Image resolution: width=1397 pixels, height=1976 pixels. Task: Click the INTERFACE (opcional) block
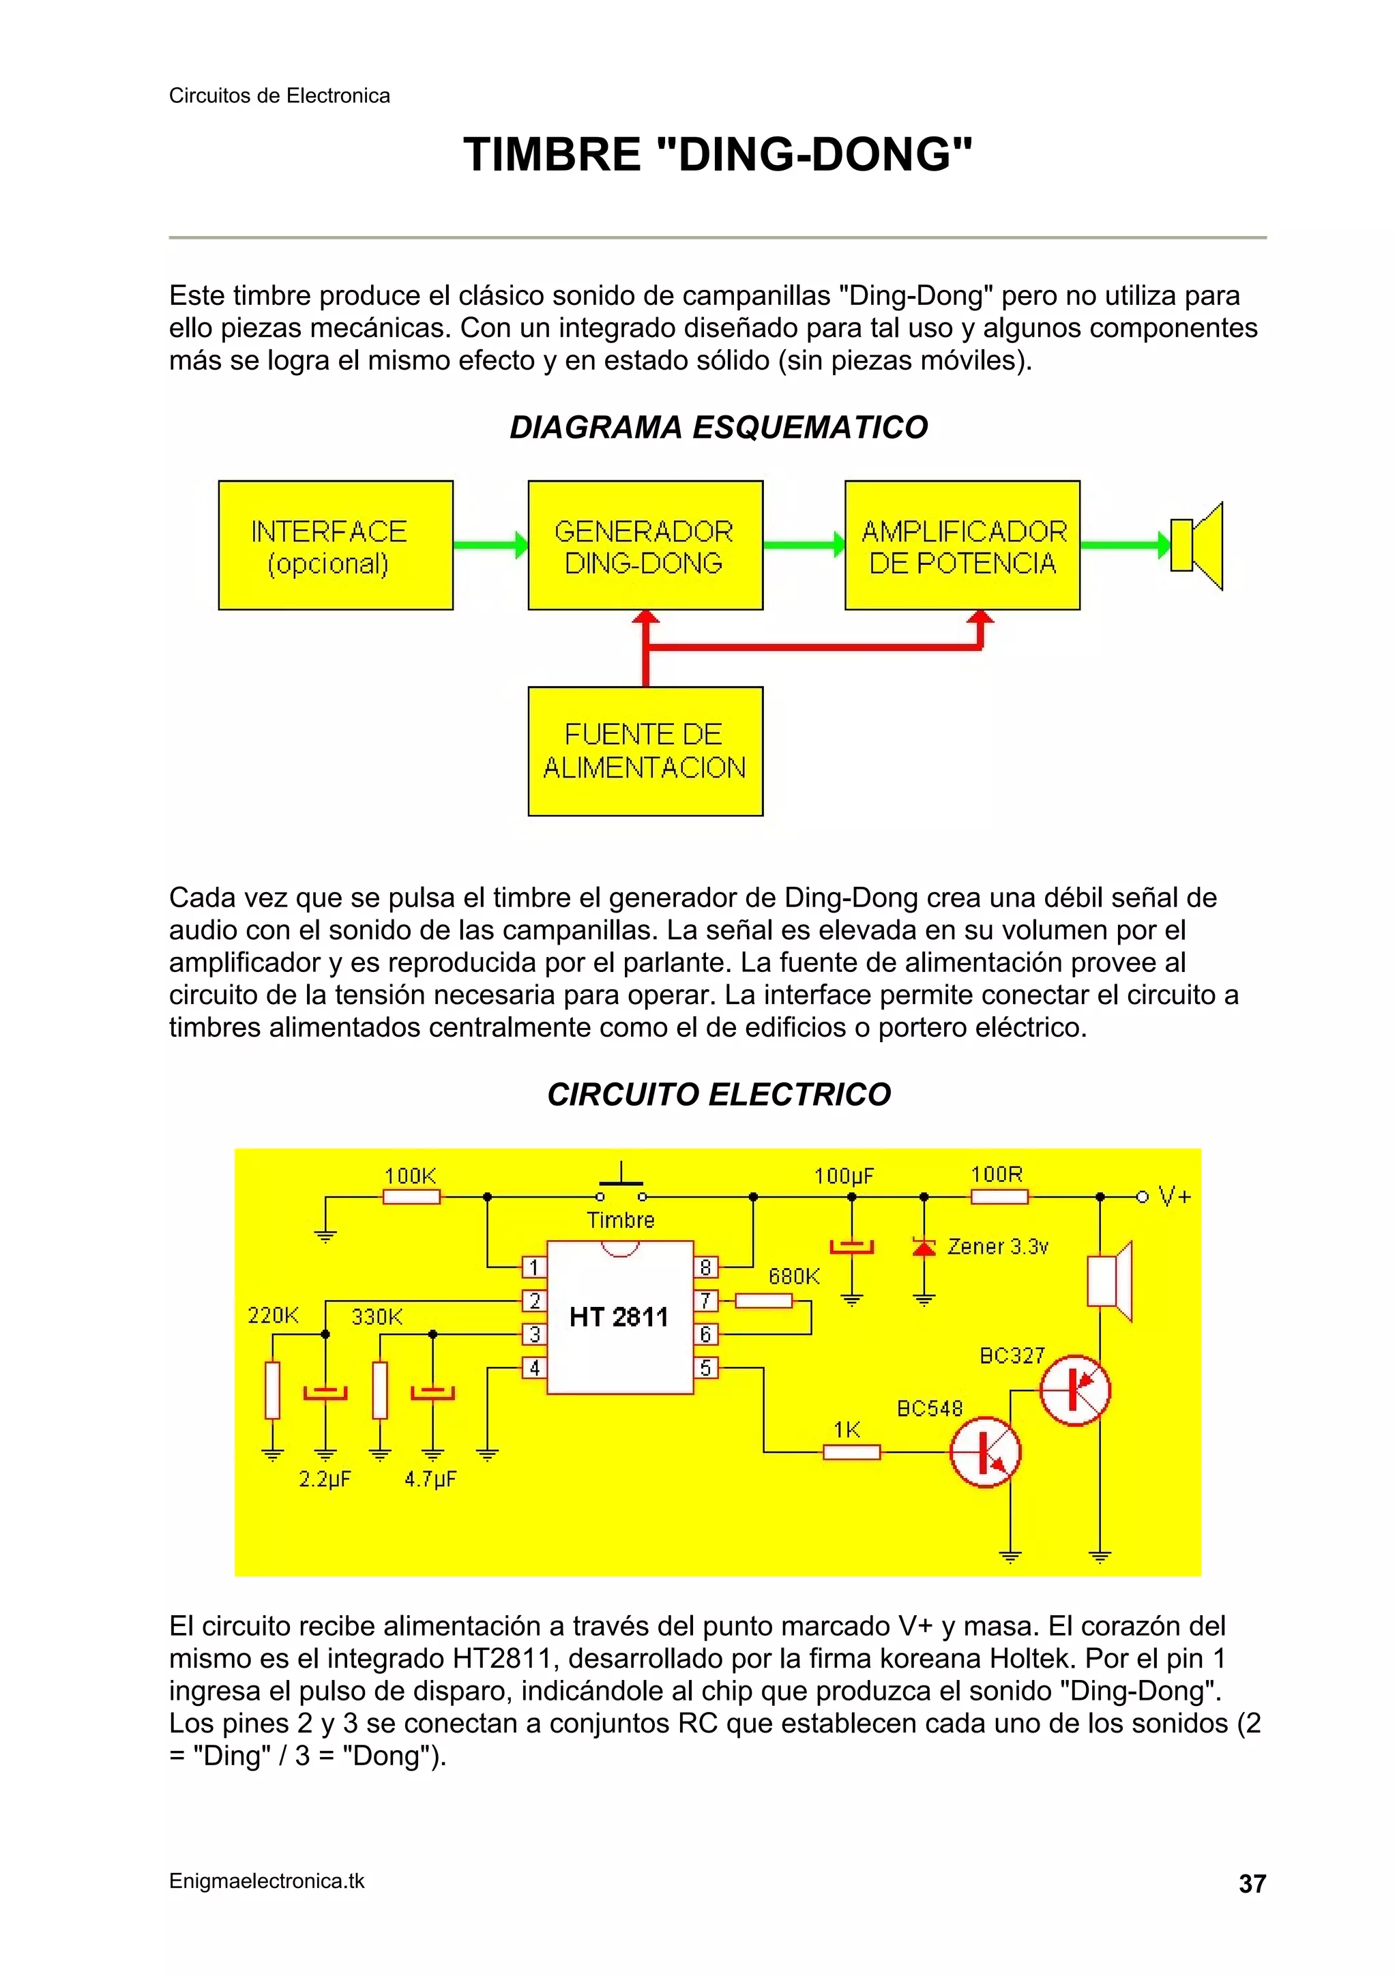[x=336, y=546]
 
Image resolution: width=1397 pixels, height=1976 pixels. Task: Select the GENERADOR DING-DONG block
[x=645, y=546]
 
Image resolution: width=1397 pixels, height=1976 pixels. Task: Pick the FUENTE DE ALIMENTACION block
[x=645, y=750]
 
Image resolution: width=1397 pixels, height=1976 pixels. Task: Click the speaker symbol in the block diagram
[x=1196, y=546]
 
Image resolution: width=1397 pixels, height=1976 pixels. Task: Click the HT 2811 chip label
[x=619, y=1316]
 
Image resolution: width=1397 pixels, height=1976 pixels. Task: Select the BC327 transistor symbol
[x=1075, y=1390]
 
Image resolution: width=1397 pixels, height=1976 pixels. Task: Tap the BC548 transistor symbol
[x=985, y=1453]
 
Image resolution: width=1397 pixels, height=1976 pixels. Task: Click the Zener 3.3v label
[x=997, y=1246]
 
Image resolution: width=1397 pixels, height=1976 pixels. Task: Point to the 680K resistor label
[x=793, y=1276]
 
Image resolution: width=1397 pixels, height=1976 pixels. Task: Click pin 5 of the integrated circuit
[x=706, y=1368]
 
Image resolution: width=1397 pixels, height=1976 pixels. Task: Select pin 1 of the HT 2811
[x=533, y=1267]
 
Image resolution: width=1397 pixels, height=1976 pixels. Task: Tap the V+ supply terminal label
[x=1174, y=1196]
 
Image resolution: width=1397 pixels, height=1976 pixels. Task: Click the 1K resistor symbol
[x=851, y=1453]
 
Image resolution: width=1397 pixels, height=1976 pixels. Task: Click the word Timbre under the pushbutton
[x=621, y=1220]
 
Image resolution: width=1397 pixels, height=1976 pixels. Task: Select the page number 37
[x=1252, y=1884]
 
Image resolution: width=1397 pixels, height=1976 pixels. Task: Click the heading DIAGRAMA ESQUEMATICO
[x=719, y=427]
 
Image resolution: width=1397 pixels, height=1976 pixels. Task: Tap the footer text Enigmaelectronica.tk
[x=267, y=1881]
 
